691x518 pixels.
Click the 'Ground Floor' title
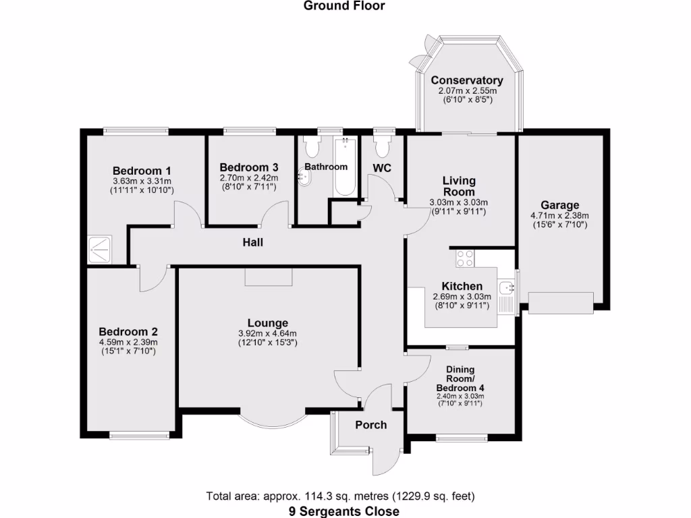[x=344, y=6]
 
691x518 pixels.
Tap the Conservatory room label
[x=467, y=80]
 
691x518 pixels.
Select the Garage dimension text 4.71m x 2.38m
[x=559, y=216]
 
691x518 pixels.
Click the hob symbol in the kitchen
[x=465, y=257]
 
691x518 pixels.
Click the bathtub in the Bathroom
[x=345, y=167]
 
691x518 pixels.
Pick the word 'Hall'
[x=253, y=242]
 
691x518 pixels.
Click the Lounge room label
[x=267, y=323]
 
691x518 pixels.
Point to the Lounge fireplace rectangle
[x=269, y=277]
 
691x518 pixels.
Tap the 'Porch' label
[x=371, y=424]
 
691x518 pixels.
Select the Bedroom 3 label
[x=249, y=167]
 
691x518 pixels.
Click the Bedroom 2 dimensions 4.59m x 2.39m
[x=128, y=342]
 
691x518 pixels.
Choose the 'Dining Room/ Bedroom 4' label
[x=460, y=378]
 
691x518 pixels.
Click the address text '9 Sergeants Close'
[x=345, y=511]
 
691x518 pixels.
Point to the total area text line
[x=345, y=496]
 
